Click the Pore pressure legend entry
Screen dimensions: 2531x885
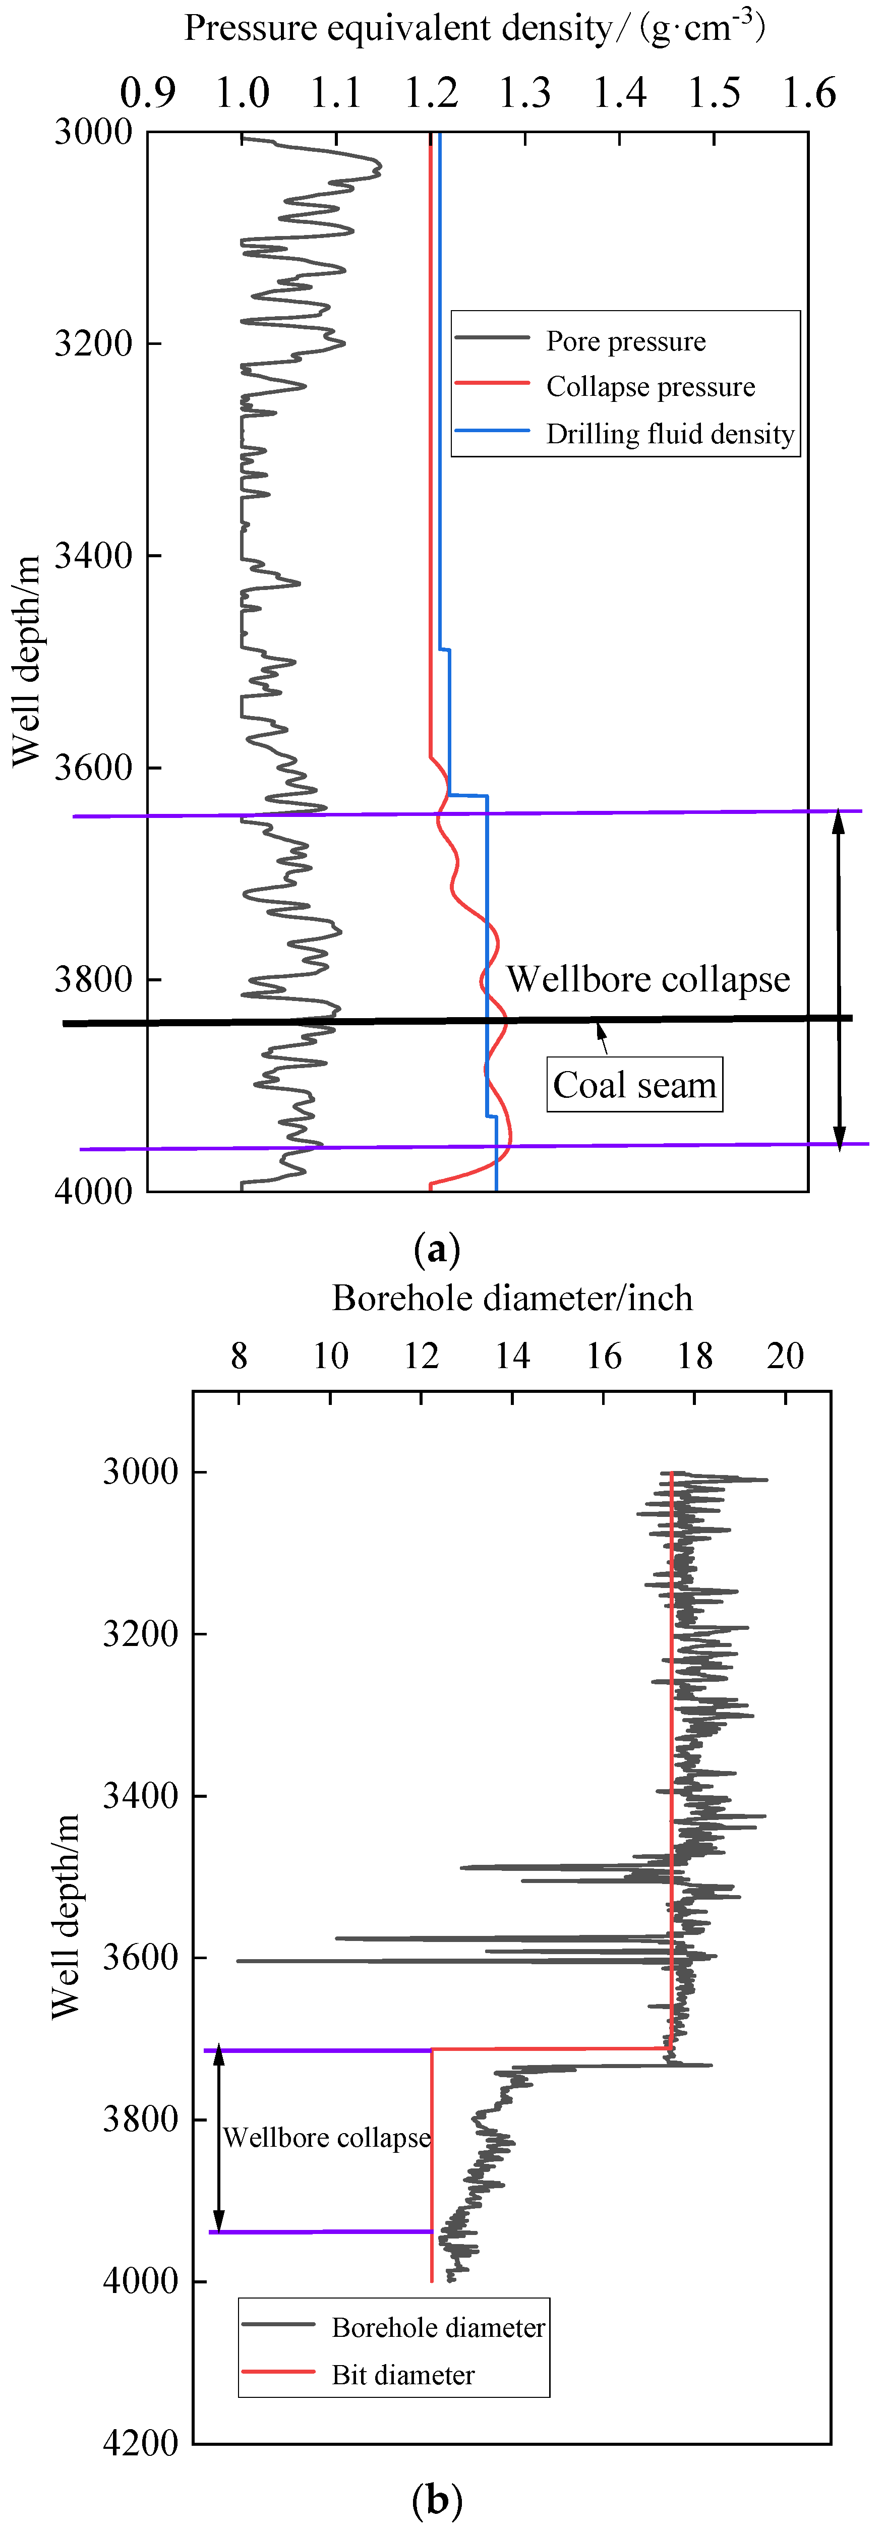tap(626, 341)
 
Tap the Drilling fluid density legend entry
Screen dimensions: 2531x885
tap(670, 433)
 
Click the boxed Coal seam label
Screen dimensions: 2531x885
tap(634, 1085)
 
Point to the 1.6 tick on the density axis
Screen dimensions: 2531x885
tap(808, 93)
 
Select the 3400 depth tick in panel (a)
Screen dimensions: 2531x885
tap(93, 555)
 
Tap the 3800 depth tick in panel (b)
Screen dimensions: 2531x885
tap(141, 2120)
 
